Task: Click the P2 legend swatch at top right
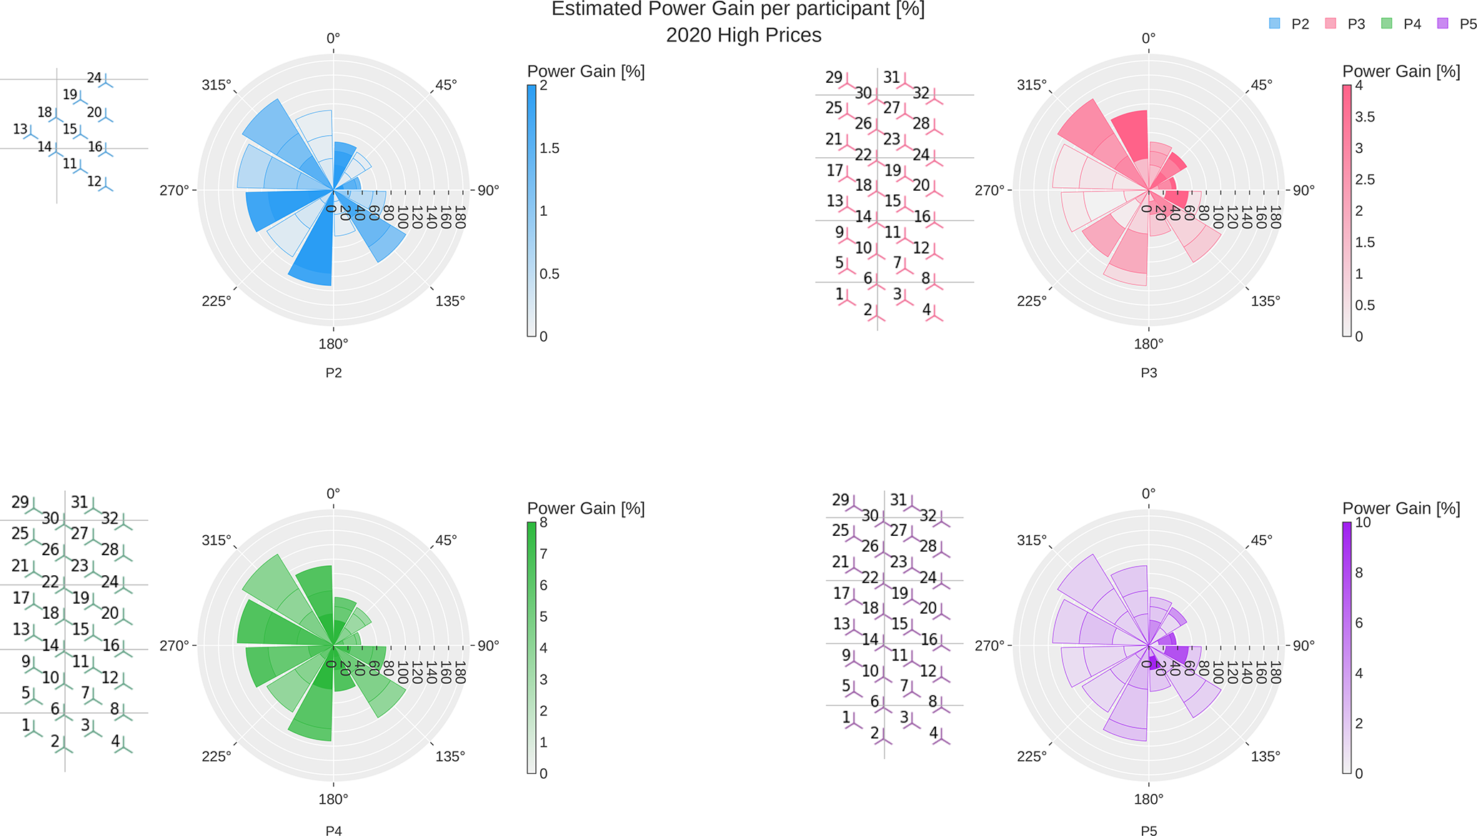(x=1275, y=24)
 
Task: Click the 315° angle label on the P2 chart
(x=217, y=85)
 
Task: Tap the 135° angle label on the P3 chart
(x=1265, y=301)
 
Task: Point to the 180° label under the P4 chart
(x=333, y=799)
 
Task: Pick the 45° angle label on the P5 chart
(x=1261, y=540)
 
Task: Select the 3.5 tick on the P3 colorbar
(x=1365, y=117)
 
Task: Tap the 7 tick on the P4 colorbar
(x=544, y=554)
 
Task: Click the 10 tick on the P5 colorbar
(x=1363, y=522)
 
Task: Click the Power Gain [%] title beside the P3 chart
(x=1401, y=71)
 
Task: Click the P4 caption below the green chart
(x=333, y=830)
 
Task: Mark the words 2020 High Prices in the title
(x=743, y=35)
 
